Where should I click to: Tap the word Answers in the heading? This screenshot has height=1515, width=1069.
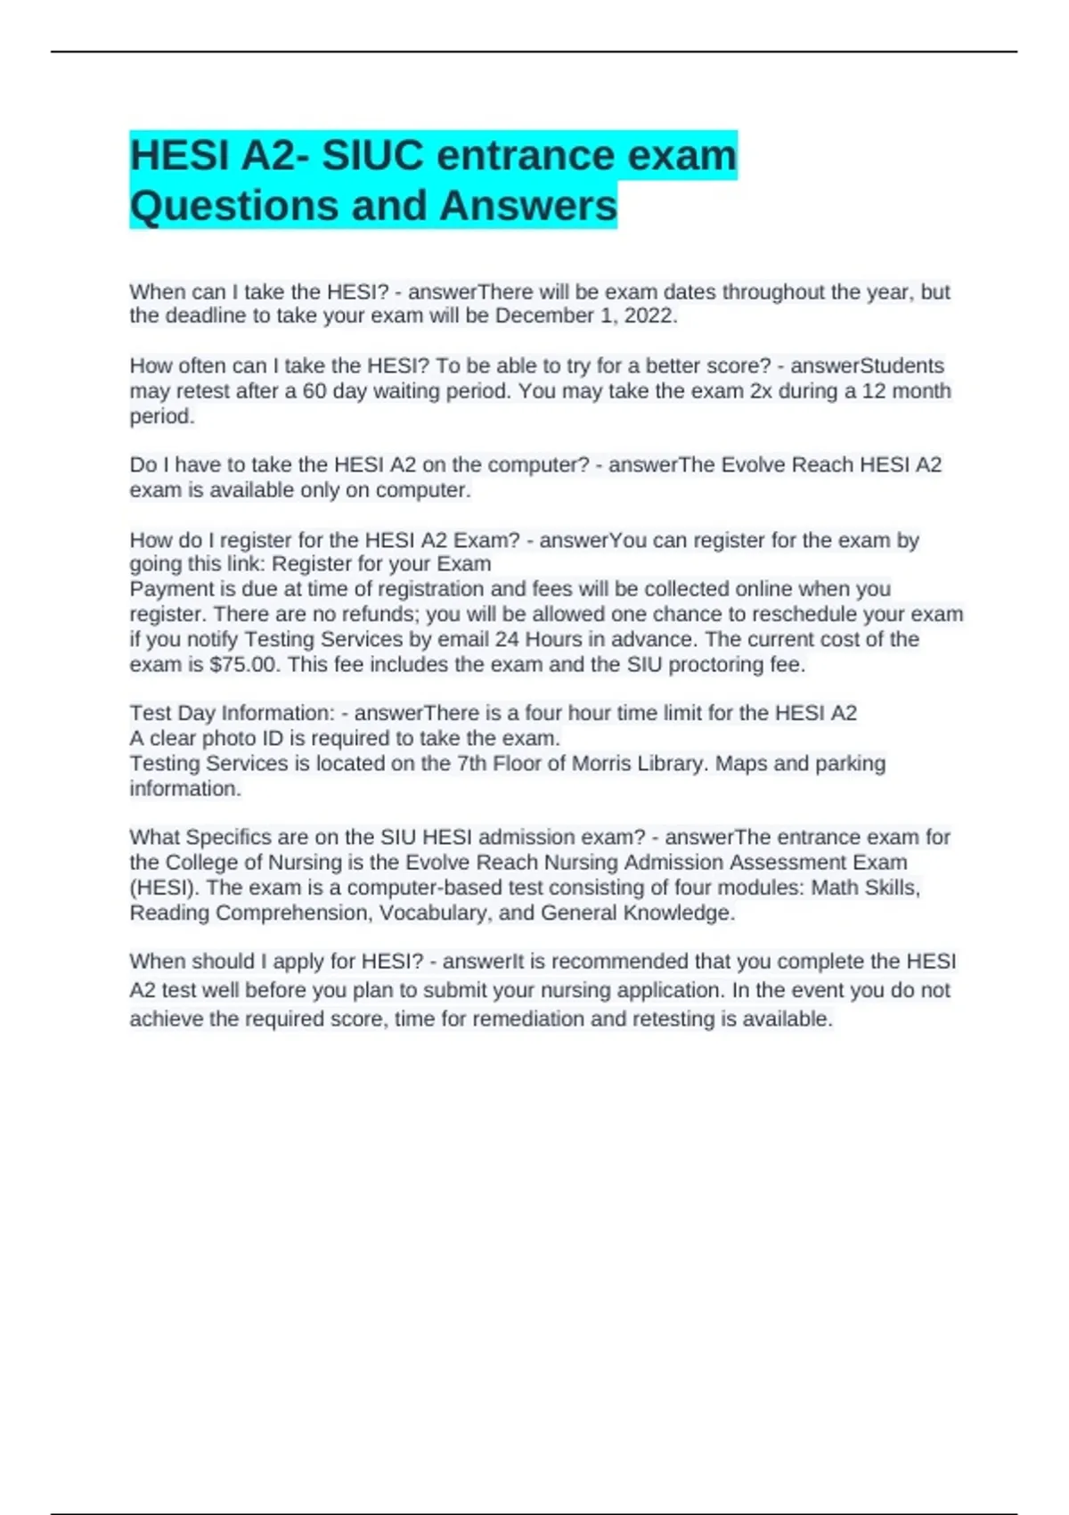tap(527, 205)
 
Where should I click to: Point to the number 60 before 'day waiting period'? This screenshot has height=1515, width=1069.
tap(314, 391)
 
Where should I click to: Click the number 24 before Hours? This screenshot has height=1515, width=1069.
tap(507, 640)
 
